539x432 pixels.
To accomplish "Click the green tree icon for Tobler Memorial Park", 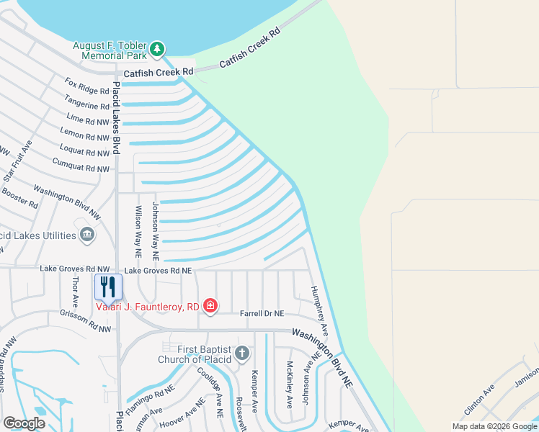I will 157,49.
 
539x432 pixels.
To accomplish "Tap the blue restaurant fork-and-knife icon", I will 108,287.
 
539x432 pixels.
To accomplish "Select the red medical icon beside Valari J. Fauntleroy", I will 210,307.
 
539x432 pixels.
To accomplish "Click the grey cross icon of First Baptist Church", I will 243,354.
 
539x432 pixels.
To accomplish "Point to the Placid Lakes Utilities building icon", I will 87,235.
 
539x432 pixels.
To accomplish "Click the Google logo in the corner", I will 24,423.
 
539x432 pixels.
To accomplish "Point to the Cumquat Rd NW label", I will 81,166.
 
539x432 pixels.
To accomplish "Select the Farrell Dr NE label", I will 262,314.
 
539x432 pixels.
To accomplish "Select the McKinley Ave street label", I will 290,385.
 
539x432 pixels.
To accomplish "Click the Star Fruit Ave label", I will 19,161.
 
